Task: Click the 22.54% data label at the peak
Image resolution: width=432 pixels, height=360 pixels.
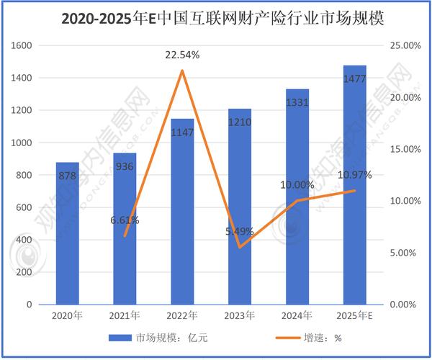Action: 182,55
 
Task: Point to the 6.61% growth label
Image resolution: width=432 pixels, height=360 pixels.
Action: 125,220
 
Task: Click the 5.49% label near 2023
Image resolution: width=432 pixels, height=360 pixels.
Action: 240,231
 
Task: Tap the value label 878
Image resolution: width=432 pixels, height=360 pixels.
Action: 67,175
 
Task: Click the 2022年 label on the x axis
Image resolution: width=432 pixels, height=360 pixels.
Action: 182,315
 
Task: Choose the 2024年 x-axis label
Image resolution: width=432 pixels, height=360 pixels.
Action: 297,315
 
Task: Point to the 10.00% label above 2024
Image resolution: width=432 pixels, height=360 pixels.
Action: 297,185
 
